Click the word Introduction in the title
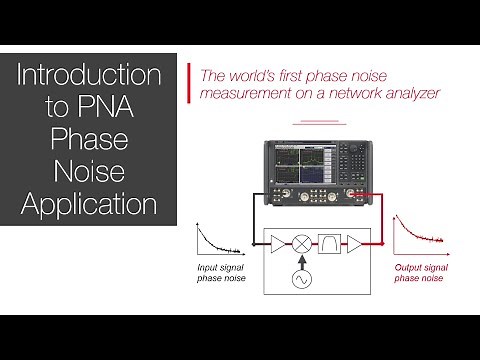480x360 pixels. (90, 76)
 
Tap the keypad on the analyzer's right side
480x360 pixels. (358, 160)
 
